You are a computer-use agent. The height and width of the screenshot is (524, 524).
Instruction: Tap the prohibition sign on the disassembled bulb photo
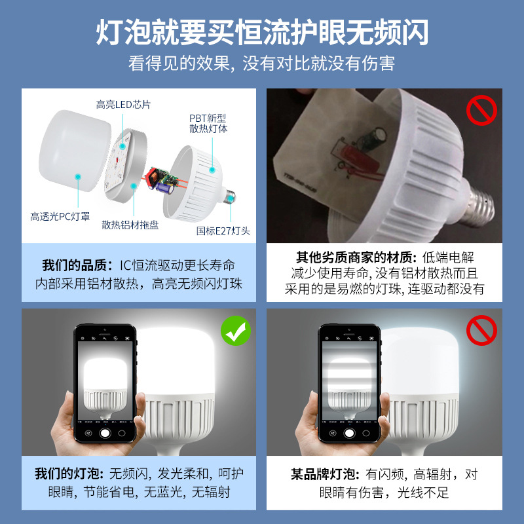481,109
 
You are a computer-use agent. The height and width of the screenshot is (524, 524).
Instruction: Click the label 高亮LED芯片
123,105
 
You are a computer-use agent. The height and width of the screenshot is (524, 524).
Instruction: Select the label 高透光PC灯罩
60,215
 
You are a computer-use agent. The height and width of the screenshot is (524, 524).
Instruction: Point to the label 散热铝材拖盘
130,225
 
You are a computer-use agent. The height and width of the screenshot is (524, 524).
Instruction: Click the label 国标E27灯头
223,231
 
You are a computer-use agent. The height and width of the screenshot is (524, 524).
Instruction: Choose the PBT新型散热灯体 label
208,124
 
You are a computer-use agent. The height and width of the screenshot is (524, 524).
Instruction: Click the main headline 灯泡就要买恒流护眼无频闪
262,31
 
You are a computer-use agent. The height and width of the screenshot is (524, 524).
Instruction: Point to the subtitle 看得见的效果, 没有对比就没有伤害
262,64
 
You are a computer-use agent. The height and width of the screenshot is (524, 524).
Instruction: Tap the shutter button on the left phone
103,433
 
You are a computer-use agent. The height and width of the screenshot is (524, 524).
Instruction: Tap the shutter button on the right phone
348,433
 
